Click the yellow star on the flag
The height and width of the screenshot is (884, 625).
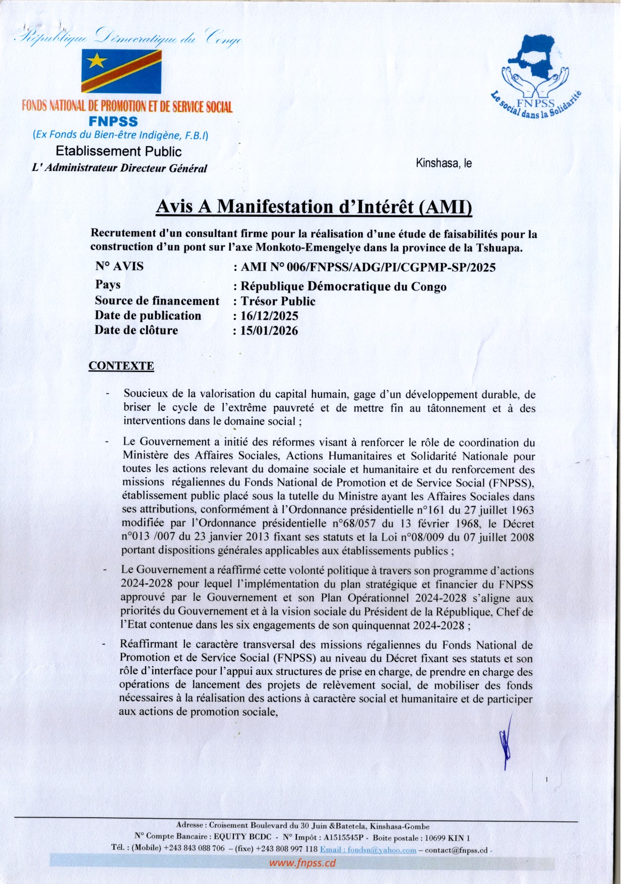[96, 61]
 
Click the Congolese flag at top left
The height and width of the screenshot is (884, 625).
[121, 71]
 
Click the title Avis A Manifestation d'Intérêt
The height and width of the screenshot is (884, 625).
[314, 207]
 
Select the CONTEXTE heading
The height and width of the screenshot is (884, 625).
[121, 366]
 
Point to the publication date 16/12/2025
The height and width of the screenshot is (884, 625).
[269, 316]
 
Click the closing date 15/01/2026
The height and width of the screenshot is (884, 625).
[269, 331]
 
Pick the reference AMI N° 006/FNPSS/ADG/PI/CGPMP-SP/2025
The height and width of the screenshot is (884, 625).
[368, 267]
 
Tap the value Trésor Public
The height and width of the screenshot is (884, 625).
[278, 301]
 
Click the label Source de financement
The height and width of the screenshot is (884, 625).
[157, 301]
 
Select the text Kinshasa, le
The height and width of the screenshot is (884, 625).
[444, 163]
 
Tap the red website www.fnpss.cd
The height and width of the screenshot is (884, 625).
[302, 863]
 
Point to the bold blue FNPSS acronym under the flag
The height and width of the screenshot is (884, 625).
[113, 121]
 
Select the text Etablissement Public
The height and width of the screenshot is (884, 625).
[118, 151]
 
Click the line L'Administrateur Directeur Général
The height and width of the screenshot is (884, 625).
[119, 168]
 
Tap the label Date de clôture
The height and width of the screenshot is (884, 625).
[136, 330]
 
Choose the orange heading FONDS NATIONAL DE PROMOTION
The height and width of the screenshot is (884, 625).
[127, 106]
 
